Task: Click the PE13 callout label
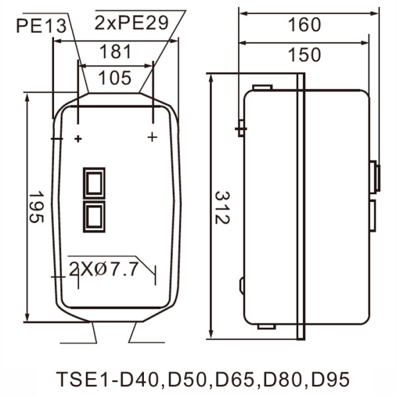click(x=42, y=26)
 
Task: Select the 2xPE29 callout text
click(x=131, y=23)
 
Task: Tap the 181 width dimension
click(x=115, y=52)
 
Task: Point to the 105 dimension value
click(x=115, y=79)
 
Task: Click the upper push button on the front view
click(x=93, y=181)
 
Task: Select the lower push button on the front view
click(x=93, y=216)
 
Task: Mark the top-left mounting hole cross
click(x=79, y=139)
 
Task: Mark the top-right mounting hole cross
click(x=152, y=137)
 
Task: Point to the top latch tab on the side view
click(x=263, y=86)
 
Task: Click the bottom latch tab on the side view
click(x=266, y=326)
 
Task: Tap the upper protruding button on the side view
click(x=376, y=175)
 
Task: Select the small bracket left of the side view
click(x=241, y=127)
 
